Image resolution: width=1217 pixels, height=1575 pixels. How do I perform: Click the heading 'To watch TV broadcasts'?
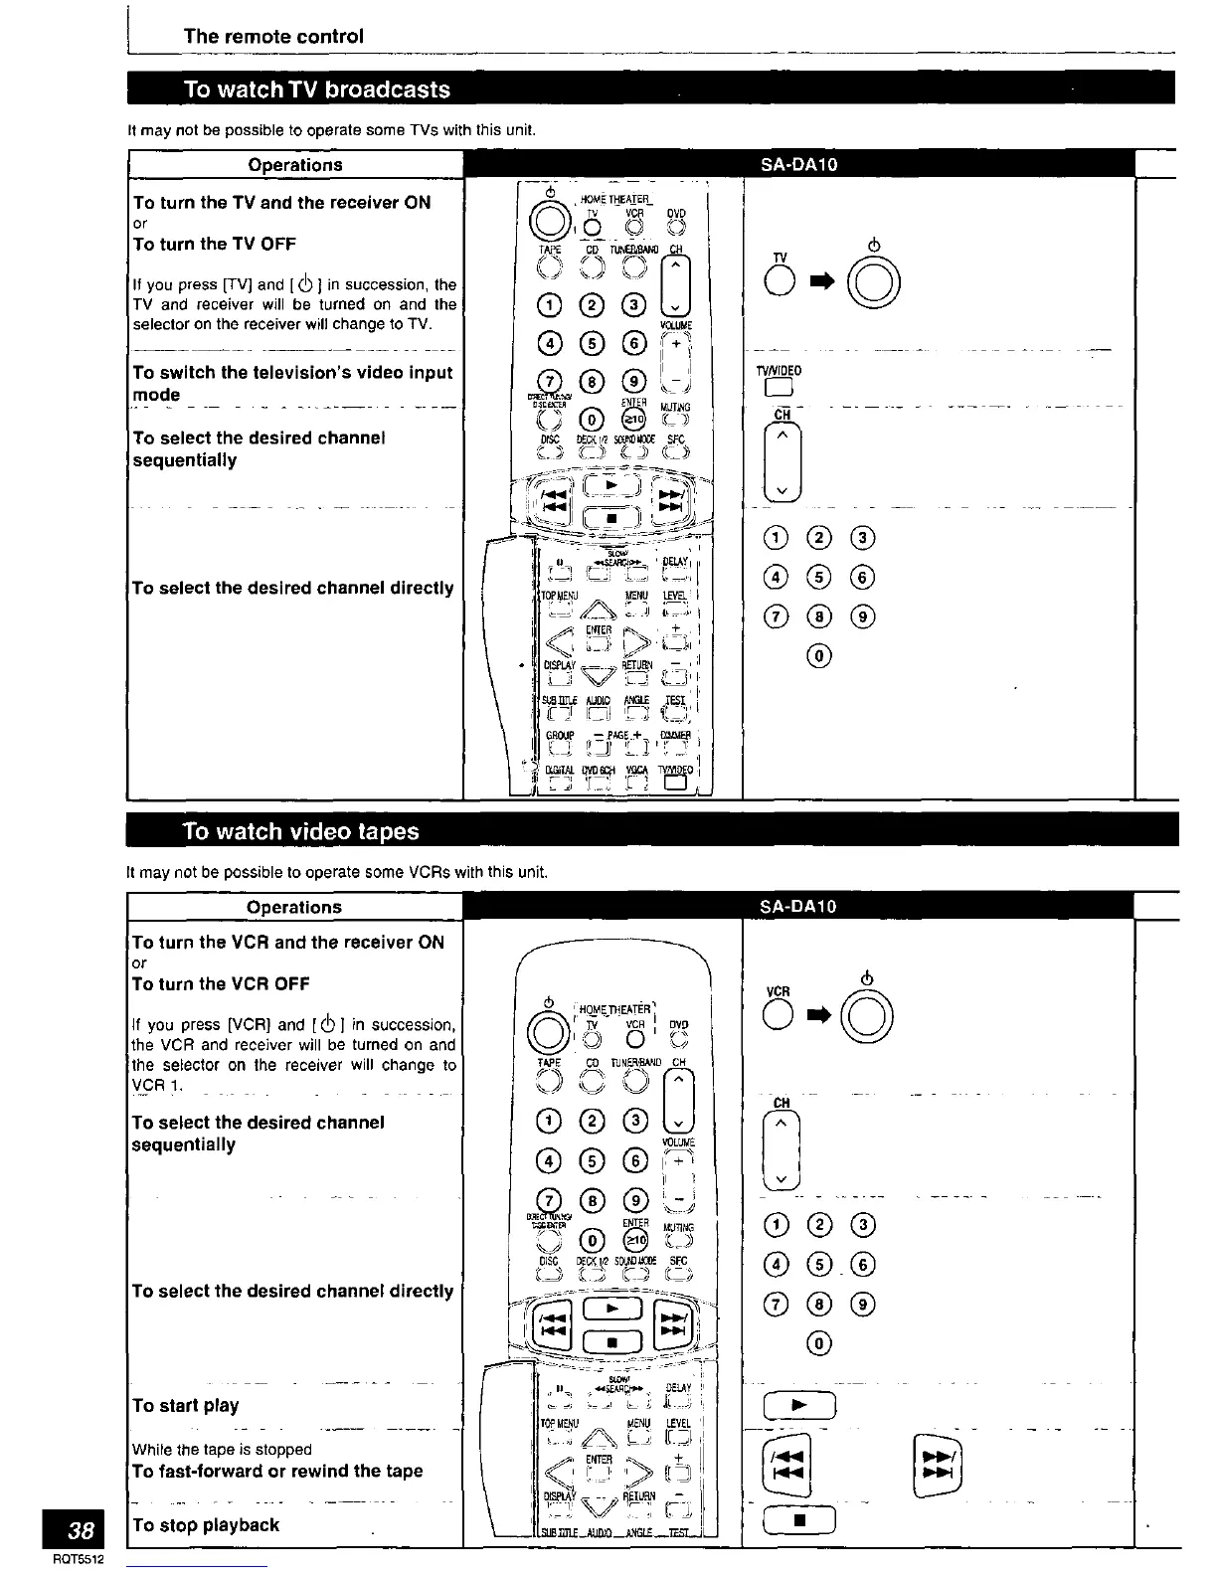click(317, 89)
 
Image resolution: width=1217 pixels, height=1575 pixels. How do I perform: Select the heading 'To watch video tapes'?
click(301, 831)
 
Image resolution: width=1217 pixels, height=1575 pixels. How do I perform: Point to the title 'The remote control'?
click(273, 37)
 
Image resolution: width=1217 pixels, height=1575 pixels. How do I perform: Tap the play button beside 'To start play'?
click(800, 1406)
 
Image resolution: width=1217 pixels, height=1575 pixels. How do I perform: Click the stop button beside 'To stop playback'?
click(800, 1521)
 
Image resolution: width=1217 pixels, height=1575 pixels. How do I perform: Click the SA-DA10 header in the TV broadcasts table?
click(798, 165)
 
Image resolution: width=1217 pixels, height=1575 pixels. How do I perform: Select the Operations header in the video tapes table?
click(294, 907)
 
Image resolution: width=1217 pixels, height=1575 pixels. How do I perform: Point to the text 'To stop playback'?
click(206, 1525)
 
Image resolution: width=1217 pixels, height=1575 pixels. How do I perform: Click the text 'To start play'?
click(185, 1406)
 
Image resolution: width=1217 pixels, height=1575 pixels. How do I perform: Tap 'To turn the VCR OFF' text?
click(221, 983)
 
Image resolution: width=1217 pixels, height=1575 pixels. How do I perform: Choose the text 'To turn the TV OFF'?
click(214, 244)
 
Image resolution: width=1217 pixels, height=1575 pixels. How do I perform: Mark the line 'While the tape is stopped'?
click(222, 1450)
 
